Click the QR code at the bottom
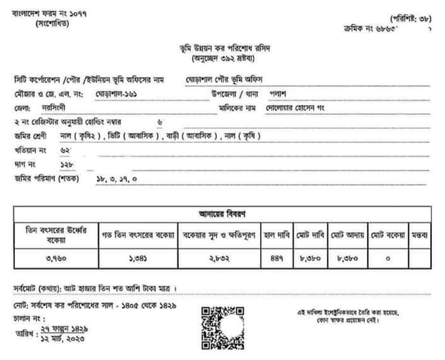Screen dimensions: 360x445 [x=222, y=328]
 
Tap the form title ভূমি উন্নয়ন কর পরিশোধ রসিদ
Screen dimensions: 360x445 [x=221, y=48]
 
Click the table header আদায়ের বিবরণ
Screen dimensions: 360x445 [x=222, y=214]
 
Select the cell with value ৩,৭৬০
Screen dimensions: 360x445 [x=56, y=260]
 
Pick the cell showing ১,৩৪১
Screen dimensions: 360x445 [x=138, y=260]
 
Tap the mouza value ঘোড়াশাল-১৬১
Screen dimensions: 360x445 [x=116, y=94]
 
